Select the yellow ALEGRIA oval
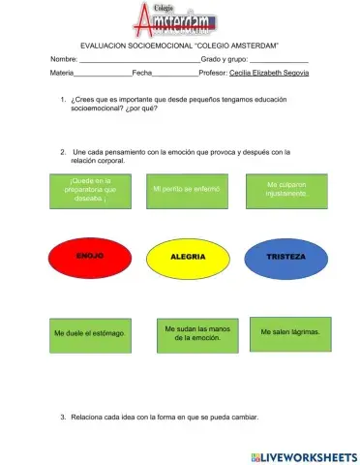[x=187, y=257]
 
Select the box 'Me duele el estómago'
[x=90, y=333]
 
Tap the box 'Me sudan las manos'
[x=192, y=332]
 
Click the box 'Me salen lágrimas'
[x=290, y=332]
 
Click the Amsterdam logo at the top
[x=180, y=18]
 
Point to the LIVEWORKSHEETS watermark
[x=302, y=455]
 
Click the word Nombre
[x=64, y=59]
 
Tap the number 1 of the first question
[x=62, y=100]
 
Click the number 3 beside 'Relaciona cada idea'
[x=62, y=418]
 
